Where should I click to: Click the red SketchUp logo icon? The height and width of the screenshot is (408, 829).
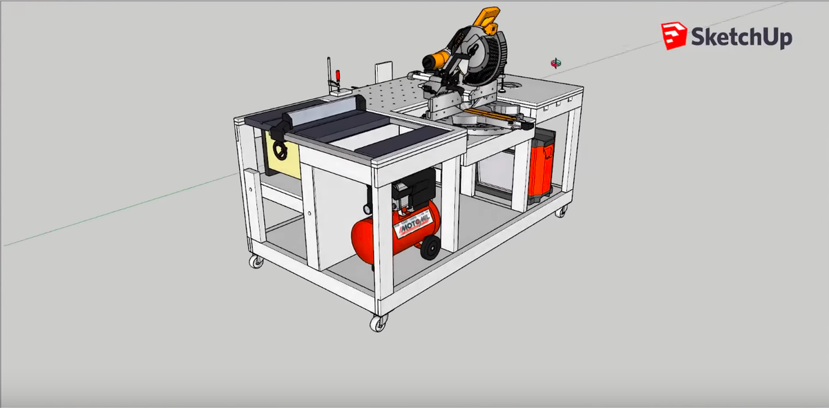(x=674, y=36)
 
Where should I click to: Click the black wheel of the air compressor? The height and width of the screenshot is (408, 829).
(x=430, y=247)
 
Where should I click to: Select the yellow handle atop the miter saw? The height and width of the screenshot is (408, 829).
(x=488, y=19)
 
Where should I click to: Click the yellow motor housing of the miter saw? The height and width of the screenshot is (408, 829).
(x=437, y=59)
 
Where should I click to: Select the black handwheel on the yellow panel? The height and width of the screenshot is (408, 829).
(x=280, y=150)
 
